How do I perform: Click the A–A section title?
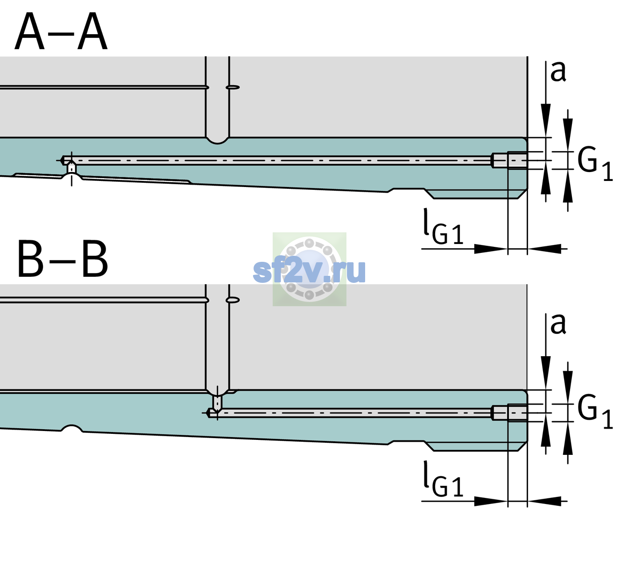click(x=61, y=32)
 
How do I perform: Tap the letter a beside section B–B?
click(x=558, y=324)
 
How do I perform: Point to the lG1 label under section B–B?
click(x=443, y=479)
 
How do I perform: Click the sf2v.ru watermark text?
click(x=309, y=271)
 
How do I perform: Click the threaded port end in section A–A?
click(x=509, y=160)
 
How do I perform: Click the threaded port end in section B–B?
click(x=509, y=413)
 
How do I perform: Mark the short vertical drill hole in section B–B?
click(x=218, y=403)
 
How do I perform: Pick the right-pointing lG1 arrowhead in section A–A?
click(x=491, y=249)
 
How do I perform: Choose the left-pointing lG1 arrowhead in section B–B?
click(x=544, y=501)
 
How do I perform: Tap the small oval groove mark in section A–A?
click(x=233, y=87)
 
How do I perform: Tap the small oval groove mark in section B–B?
click(x=233, y=300)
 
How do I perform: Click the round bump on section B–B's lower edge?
click(x=71, y=428)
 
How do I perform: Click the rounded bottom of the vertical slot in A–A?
click(x=217, y=141)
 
